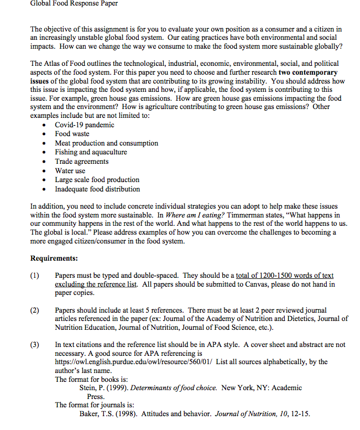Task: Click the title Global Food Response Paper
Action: tap(74, 4)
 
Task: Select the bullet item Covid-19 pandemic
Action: tap(84, 125)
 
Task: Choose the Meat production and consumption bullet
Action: tap(106, 143)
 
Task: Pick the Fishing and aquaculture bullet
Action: tap(91, 152)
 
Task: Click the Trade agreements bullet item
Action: tap(81, 161)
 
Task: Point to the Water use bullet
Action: tap(70, 170)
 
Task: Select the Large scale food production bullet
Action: tap(97, 179)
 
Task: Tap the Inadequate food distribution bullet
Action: tap(97, 189)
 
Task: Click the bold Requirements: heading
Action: tap(54, 258)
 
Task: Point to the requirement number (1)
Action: tap(35, 276)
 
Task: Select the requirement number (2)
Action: tap(35, 310)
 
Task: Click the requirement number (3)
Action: tap(35, 345)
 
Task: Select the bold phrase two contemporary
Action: tap(307, 72)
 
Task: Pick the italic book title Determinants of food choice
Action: tap(173, 388)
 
